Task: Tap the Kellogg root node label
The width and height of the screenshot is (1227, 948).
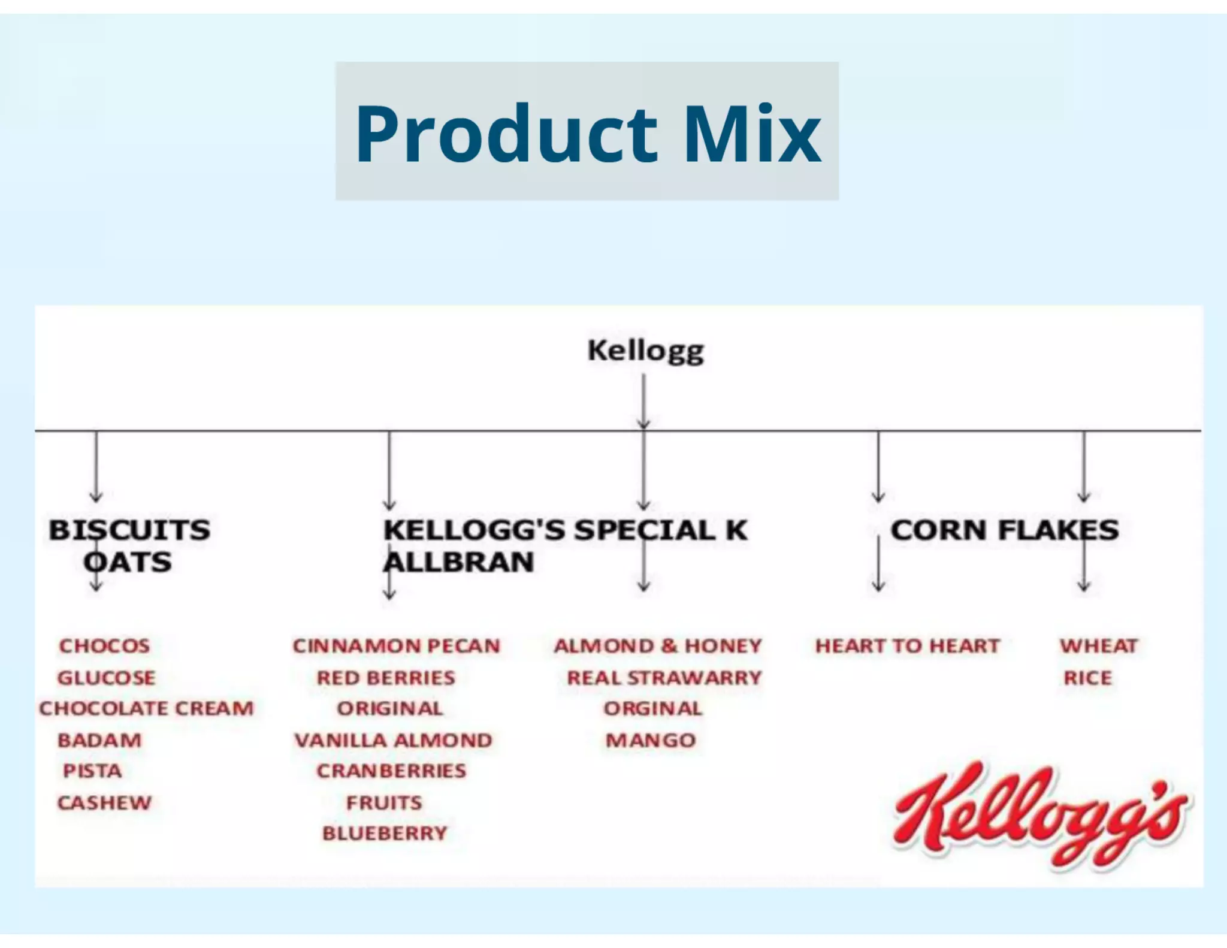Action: [645, 351]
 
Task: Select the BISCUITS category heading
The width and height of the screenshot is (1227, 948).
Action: [129, 530]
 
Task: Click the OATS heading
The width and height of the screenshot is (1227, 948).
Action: [128, 562]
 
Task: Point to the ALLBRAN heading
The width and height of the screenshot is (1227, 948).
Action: [458, 562]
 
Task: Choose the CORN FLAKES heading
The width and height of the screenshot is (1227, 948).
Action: [1004, 530]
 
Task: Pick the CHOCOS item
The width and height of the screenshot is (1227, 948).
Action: [104, 645]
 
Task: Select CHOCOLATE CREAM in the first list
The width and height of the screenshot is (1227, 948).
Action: [147, 708]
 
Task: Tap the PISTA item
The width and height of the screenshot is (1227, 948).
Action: [92, 771]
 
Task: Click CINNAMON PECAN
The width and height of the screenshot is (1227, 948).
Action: [396, 645]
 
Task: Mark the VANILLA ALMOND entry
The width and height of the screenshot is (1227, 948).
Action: [393, 740]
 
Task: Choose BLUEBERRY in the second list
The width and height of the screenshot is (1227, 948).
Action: [385, 833]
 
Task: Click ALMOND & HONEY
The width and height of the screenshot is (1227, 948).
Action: [658, 645]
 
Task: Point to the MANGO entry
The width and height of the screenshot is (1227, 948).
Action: [651, 740]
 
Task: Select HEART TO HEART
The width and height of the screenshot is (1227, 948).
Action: [908, 645]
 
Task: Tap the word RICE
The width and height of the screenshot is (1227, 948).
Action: [1087, 678]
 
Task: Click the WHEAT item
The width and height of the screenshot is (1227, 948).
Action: [1098, 645]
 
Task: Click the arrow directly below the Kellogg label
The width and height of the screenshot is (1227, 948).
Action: [643, 401]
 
